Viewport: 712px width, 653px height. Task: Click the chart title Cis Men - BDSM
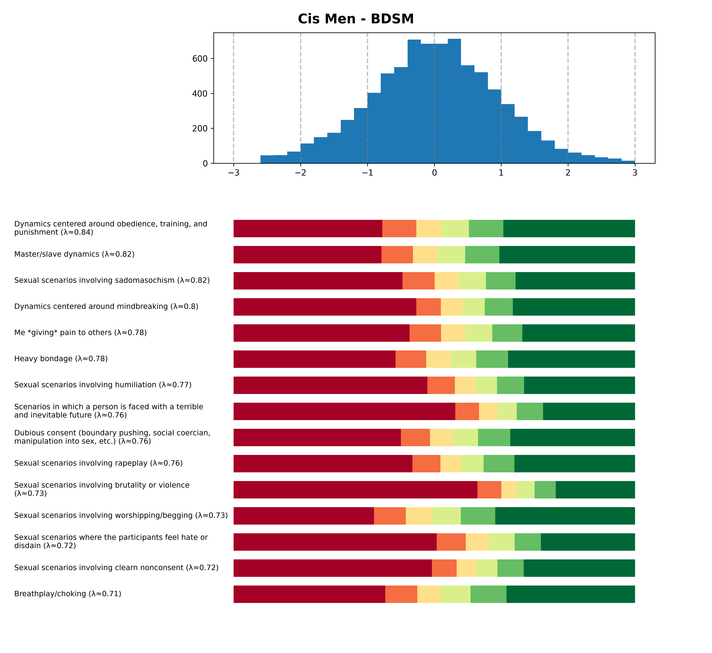[356, 19]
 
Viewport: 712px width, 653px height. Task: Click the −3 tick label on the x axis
[233, 173]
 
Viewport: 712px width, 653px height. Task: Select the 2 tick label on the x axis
[568, 173]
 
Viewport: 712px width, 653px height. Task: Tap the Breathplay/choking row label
[68, 594]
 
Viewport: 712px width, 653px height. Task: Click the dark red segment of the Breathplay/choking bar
[309, 594]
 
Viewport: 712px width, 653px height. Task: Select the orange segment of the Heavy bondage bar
[411, 359]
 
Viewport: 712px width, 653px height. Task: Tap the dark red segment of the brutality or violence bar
[355, 490]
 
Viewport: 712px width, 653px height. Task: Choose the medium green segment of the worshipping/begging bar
[478, 516]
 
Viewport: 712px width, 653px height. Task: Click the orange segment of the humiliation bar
[441, 385]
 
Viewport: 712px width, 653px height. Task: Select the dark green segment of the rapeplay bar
[574, 464]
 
